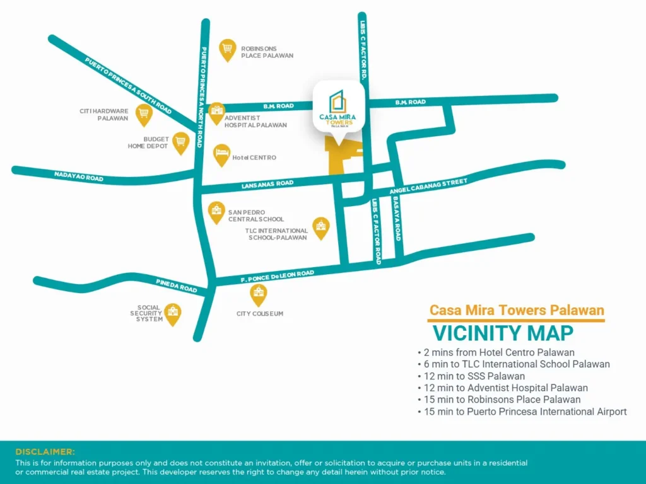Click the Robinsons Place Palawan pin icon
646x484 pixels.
(x=228, y=49)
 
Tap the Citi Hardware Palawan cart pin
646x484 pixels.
(x=144, y=114)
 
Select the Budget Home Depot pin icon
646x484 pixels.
(x=181, y=142)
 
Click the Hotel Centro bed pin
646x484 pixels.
(x=221, y=154)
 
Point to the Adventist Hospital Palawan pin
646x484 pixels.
(x=216, y=113)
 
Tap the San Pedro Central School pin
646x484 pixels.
(x=216, y=212)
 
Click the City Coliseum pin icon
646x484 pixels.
(x=258, y=294)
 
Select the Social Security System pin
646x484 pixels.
(x=172, y=313)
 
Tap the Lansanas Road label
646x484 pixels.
(x=267, y=184)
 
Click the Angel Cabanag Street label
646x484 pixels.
(x=428, y=186)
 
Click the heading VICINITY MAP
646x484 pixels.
(x=502, y=332)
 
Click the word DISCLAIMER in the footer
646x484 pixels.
(x=45, y=452)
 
